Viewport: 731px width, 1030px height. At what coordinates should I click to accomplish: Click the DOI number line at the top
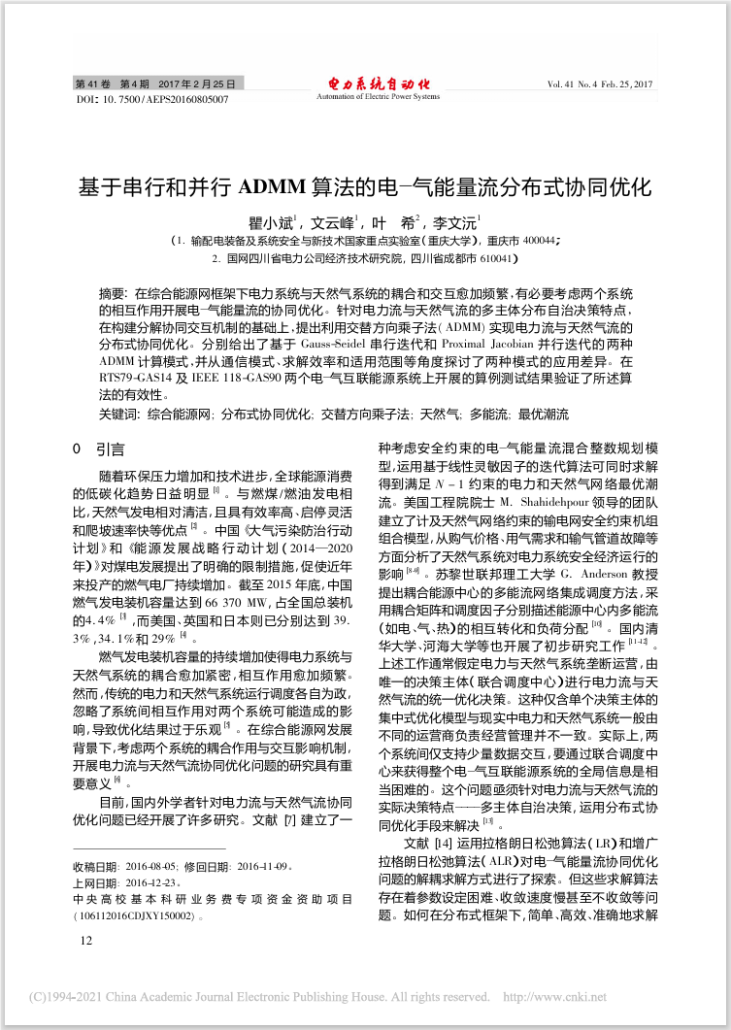151,99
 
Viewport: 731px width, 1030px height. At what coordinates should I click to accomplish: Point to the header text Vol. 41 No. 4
580,85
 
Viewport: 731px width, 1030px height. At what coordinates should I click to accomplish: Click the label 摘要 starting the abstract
113,293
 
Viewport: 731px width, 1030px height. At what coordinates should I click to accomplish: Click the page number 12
86,940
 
